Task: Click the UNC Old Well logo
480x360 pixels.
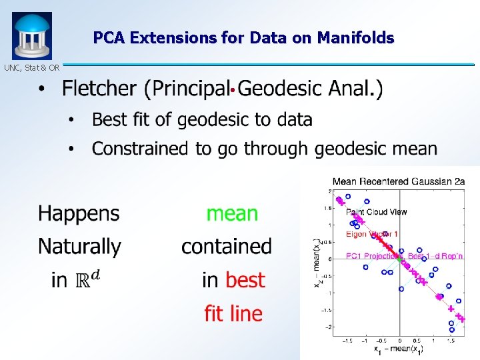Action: (x=31, y=36)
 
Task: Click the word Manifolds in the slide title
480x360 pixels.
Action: (x=355, y=38)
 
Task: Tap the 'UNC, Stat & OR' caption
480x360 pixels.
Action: (x=31, y=67)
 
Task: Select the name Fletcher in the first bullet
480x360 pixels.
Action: (x=100, y=89)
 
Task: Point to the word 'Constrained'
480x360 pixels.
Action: (x=139, y=148)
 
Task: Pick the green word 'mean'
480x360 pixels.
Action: (x=232, y=213)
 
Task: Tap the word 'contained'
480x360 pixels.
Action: (x=227, y=246)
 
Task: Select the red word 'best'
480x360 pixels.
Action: (x=245, y=280)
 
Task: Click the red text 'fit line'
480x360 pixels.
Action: (x=233, y=313)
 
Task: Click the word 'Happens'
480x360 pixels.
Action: (x=79, y=213)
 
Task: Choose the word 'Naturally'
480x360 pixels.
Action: (x=79, y=246)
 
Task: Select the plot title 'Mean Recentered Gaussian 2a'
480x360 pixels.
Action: (x=399, y=181)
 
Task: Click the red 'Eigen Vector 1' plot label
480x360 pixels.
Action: (x=372, y=234)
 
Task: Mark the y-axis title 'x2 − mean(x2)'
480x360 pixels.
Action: (x=317, y=263)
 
